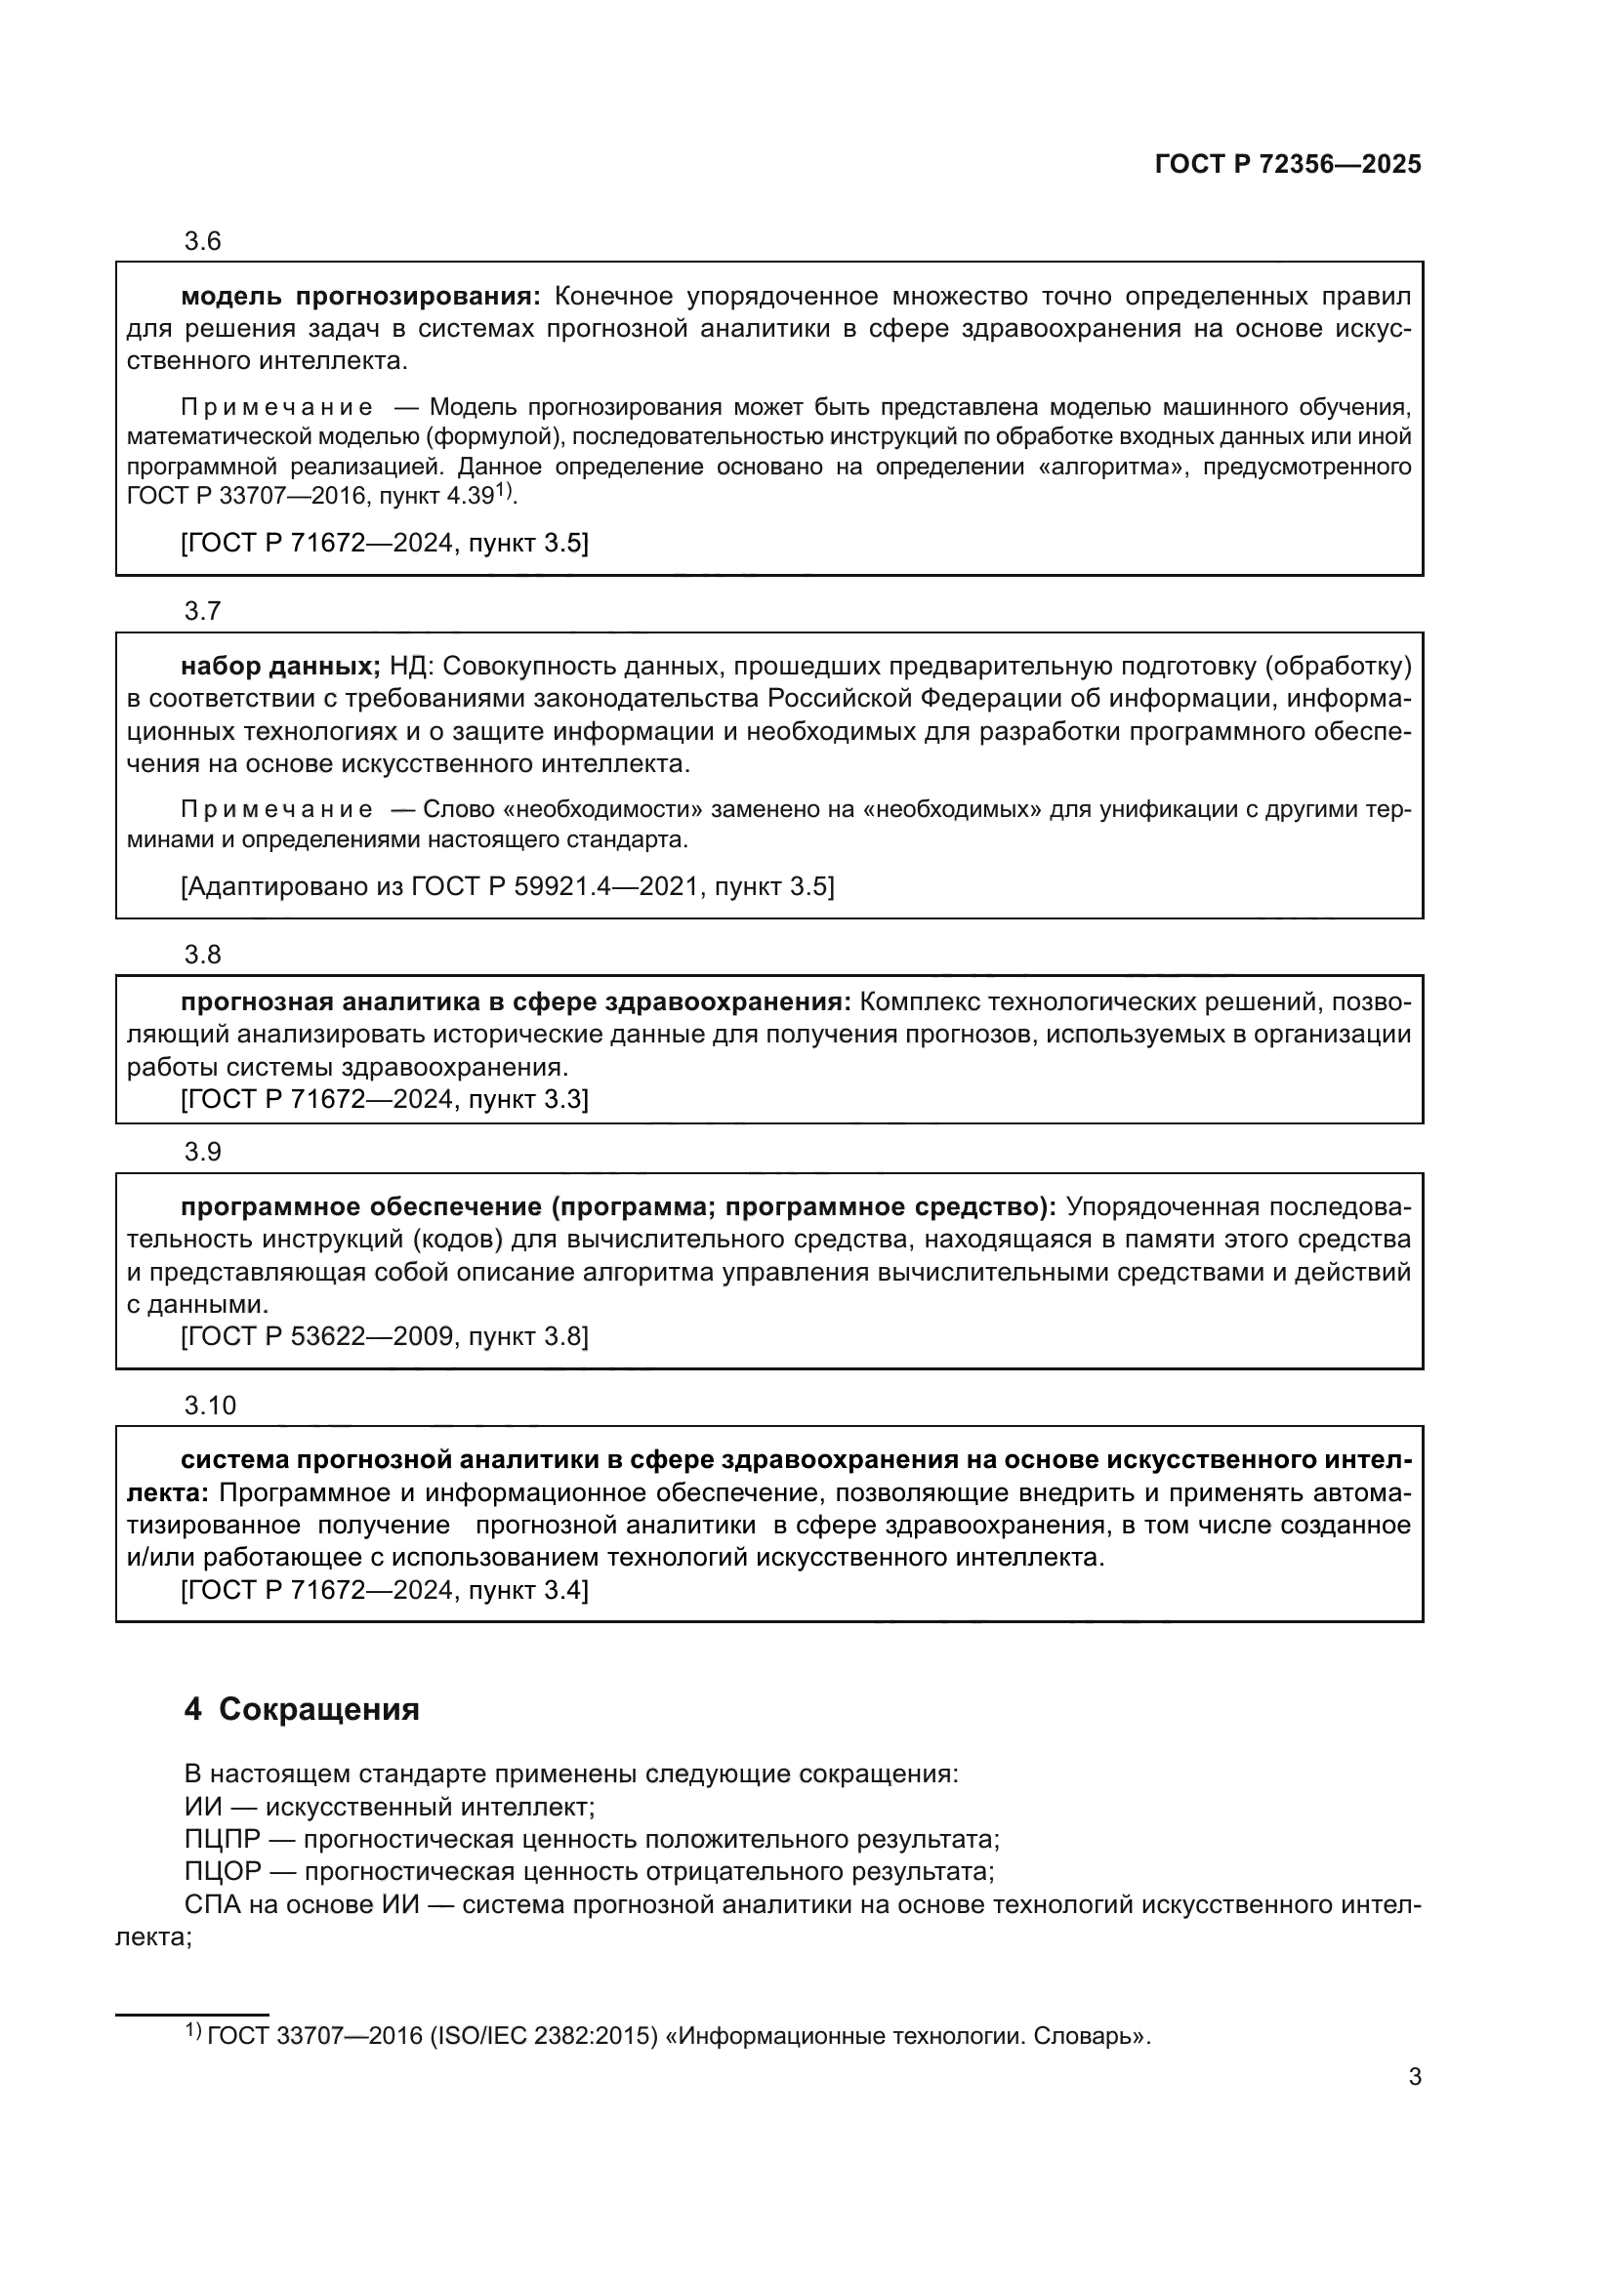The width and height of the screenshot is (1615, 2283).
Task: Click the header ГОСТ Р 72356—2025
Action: (1287, 164)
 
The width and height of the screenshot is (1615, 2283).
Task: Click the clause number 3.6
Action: (202, 242)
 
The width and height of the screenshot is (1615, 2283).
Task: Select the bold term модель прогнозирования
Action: (360, 297)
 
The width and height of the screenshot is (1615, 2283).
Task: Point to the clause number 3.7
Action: (202, 610)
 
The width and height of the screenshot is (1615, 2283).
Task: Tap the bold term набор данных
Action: (280, 667)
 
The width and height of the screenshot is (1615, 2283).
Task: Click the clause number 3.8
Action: (202, 955)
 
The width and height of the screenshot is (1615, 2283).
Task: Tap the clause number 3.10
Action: (210, 1405)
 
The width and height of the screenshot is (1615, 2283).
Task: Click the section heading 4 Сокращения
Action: (302, 1709)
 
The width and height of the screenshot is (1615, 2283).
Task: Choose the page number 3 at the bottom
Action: (1414, 2077)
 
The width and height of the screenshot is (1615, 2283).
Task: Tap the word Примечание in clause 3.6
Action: (277, 407)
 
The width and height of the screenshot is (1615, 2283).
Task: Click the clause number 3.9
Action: (202, 1152)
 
